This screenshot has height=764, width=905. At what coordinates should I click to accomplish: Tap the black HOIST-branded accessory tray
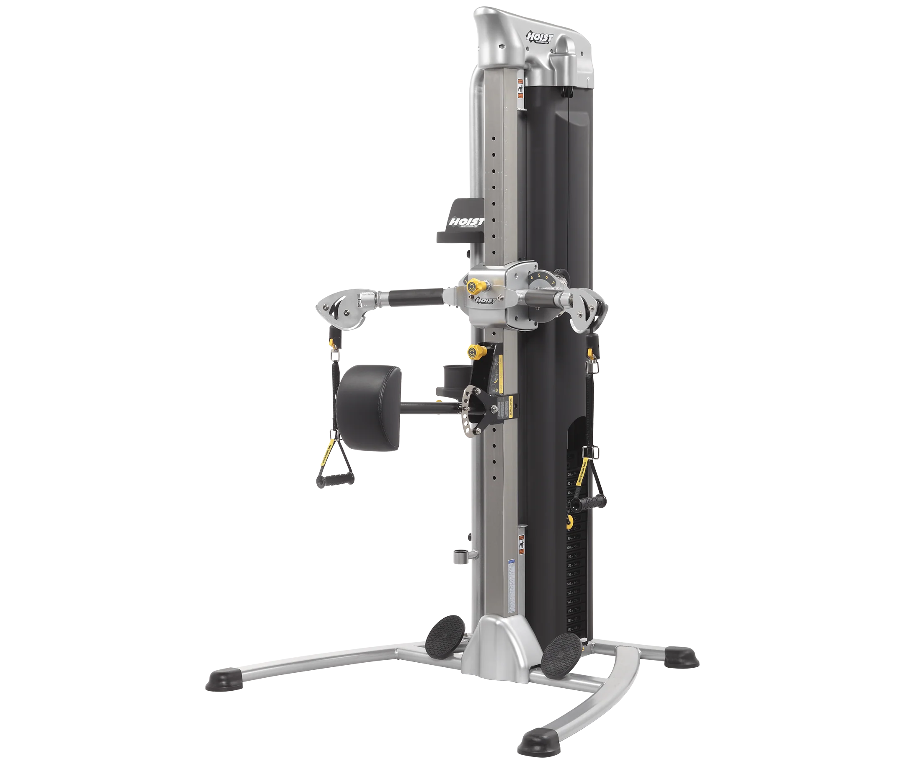point(461,221)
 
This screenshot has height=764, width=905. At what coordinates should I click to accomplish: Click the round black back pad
point(368,407)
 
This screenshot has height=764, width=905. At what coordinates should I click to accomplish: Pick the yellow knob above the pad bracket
point(472,351)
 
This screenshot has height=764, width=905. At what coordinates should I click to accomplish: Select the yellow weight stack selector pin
point(569,520)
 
